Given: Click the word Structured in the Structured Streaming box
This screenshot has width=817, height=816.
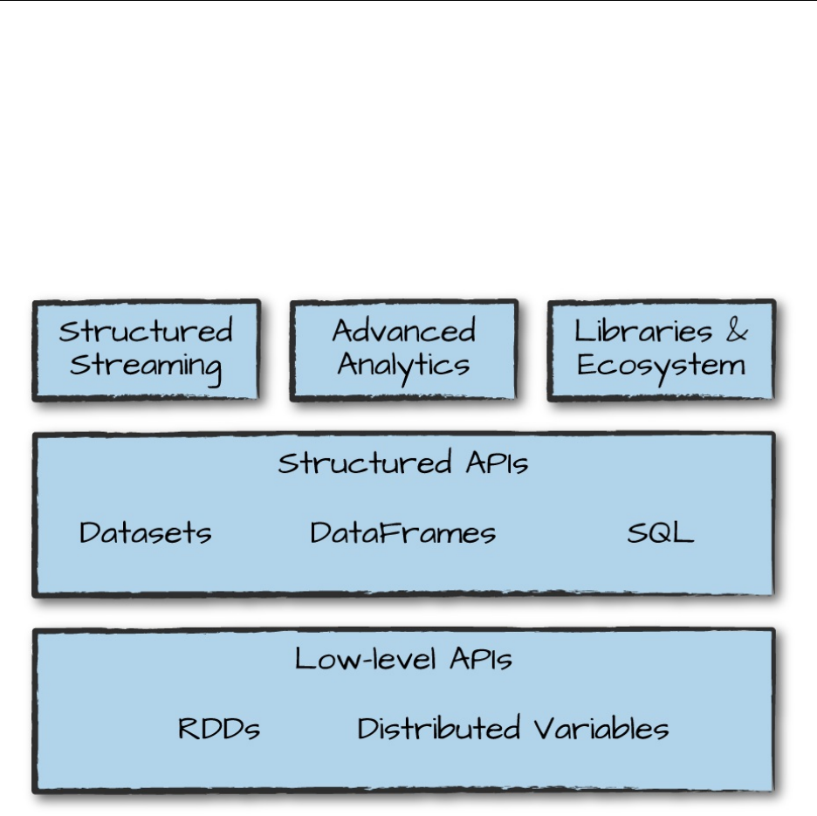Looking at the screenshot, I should click(x=146, y=332).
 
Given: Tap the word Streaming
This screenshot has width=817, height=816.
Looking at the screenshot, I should click(x=146, y=366).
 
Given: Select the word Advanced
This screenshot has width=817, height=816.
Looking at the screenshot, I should click(x=403, y=332).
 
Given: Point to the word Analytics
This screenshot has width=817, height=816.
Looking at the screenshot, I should click(x=403, y=365).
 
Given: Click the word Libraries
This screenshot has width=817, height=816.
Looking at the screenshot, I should click(x=643, y=332).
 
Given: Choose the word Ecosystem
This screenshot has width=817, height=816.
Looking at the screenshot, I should click(x=661, y=366).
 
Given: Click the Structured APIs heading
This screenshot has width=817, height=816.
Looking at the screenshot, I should click(x=403, y=463).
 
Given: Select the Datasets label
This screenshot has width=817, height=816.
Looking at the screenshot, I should click(x=145, y=532).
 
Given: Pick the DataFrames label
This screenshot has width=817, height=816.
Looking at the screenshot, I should click(x=403, y=532).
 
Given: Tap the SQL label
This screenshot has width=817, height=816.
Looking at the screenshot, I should click(x=660, y=532).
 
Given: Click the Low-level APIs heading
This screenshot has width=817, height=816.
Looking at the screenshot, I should click(x=403, y=659).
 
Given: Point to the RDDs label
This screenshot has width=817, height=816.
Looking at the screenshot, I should click(x=219, y=729).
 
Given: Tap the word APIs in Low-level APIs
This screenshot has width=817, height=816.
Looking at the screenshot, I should click(x=481, y=659).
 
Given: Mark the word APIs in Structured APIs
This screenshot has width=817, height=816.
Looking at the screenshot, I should click(x=497, y=463).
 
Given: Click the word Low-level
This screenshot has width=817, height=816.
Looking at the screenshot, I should click(x=367, y=659).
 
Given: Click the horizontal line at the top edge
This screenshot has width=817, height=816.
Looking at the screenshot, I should click(x=408, y=1).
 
